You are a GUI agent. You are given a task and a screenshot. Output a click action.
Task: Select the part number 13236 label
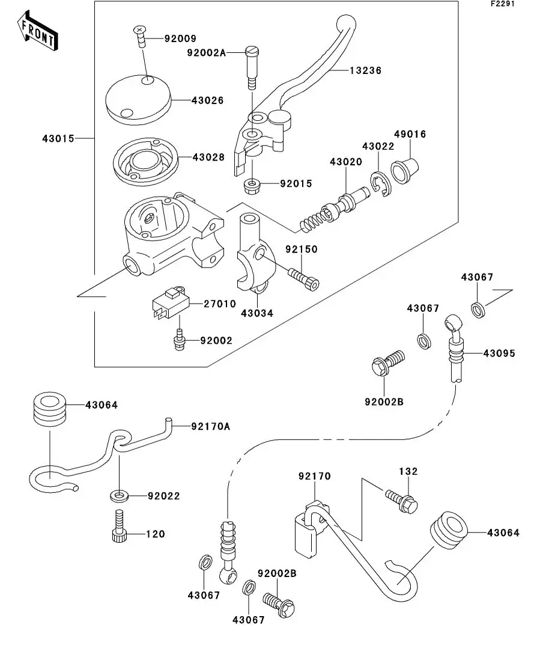[x=365, y=70]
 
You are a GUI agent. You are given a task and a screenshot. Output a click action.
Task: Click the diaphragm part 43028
[x=146, y=160]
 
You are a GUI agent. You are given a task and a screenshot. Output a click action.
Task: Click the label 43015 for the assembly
[x=58, y=138]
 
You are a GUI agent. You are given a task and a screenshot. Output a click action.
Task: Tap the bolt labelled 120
[x=118, y=527]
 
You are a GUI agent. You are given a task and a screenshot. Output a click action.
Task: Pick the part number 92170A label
[x=210, y=426]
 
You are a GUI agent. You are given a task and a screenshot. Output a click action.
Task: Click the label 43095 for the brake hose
[x=499, y=353]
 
